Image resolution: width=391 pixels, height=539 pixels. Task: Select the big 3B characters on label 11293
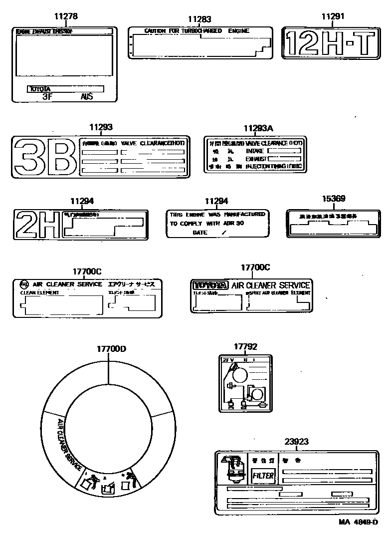click(46, 156)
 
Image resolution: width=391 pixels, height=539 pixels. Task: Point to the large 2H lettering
click(38, 225)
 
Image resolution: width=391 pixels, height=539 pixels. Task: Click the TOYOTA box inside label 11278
click(65, 89)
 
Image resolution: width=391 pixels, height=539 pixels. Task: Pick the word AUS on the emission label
click(87, 97)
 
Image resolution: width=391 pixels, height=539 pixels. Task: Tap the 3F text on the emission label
click(47, 97)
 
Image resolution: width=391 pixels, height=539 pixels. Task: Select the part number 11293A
click(258, 128)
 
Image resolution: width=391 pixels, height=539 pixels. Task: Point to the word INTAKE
click(255, 150)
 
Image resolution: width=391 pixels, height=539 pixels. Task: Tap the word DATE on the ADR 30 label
click(199, 233)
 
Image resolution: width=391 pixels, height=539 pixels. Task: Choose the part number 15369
click(333, 198)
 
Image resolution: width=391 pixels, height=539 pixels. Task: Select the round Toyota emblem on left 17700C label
click(22, 284)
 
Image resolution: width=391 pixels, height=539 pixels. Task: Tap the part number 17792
click(245, 346)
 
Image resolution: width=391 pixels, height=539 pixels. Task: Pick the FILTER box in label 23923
click(262, 476)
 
